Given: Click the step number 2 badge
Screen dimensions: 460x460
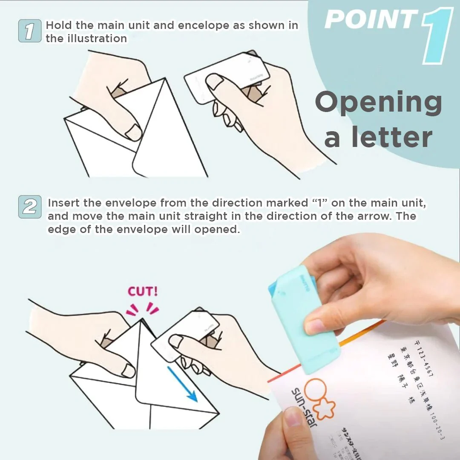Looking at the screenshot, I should [x=29, y=207].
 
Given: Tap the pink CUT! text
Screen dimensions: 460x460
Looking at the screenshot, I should [x=143, y=292].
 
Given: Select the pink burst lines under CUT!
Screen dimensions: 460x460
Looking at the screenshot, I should [x=143, y=309].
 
